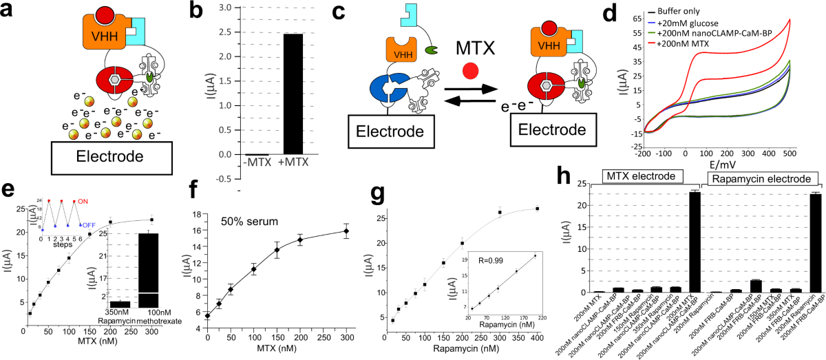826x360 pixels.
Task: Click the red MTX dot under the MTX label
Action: pyautogui.click(x=469, y=70)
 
